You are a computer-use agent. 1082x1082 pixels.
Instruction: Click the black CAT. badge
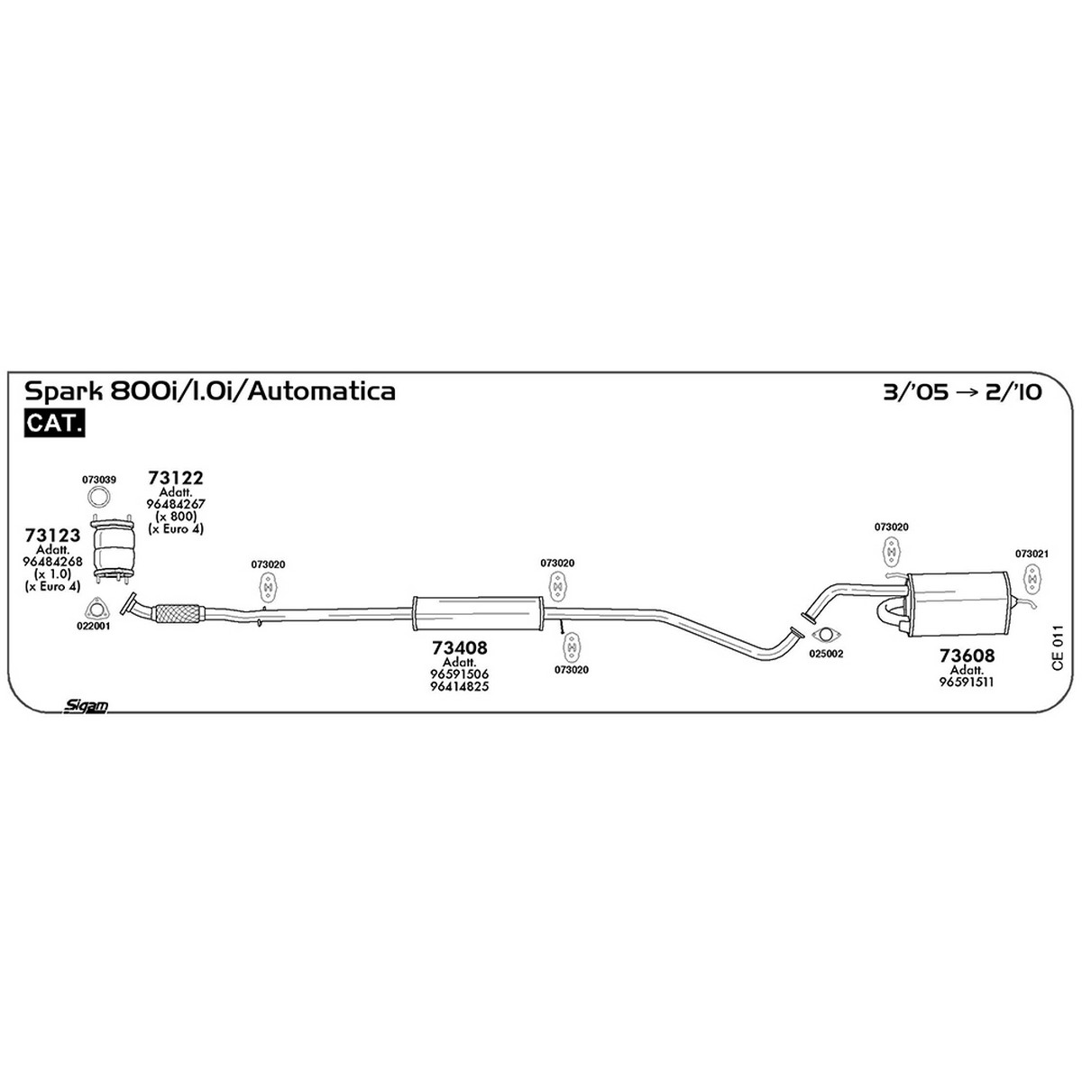[x=54, y=424]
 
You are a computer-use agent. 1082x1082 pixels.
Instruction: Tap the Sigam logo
[x=86, y=706]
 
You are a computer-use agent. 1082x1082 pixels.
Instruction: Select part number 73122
[x=175, y=478]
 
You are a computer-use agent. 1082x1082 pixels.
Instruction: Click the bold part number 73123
[x=53, y=535]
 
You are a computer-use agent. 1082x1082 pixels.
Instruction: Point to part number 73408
[x=459, y=648]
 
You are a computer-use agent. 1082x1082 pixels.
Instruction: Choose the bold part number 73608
[x=967, y=656]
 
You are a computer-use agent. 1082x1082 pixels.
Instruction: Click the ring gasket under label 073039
[x=99, y=497]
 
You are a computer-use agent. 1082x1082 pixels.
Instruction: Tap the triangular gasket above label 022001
[x=96, y=608]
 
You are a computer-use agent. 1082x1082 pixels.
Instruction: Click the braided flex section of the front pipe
[x=177, y=613]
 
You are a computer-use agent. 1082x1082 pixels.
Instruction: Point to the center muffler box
[x=478, y=612]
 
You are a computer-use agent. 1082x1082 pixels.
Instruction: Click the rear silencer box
[x=958, y=603]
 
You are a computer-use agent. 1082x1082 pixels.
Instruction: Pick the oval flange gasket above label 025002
[x=823, y=635]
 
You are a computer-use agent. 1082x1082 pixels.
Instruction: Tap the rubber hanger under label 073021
[x=1032, y=578]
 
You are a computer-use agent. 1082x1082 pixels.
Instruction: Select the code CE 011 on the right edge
[x=1058, y=648]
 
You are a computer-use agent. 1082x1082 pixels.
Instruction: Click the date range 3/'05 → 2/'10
[x=962, y=392]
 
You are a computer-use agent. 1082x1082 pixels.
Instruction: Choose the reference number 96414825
[x=459, y=686]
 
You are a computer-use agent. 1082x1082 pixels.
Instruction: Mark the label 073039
[x=99, y=480]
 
